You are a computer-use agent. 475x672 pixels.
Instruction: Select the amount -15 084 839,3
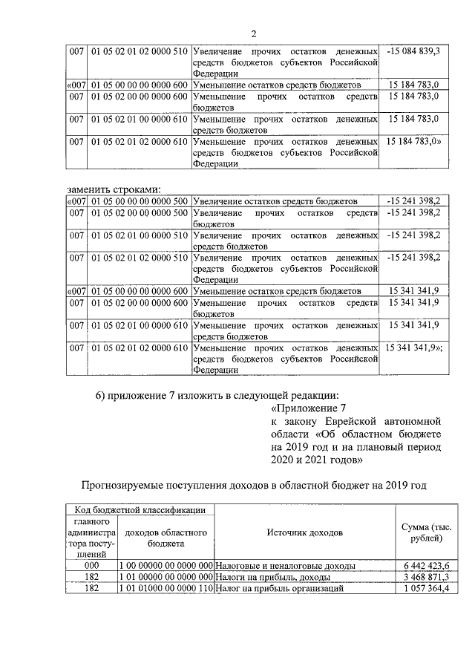coord(413,50)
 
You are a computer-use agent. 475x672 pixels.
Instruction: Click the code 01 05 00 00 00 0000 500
coord(139,201)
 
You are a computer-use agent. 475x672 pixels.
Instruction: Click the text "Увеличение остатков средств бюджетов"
coord(275,201)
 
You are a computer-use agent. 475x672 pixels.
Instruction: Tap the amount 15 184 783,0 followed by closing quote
coord(414,140)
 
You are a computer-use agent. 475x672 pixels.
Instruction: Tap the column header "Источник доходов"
coord(305,533)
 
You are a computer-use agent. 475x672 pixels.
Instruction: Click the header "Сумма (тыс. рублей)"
coord(420,532)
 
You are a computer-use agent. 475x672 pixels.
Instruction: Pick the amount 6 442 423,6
coord(420,565)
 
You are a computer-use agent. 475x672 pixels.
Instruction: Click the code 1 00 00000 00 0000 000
coord(166,565)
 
